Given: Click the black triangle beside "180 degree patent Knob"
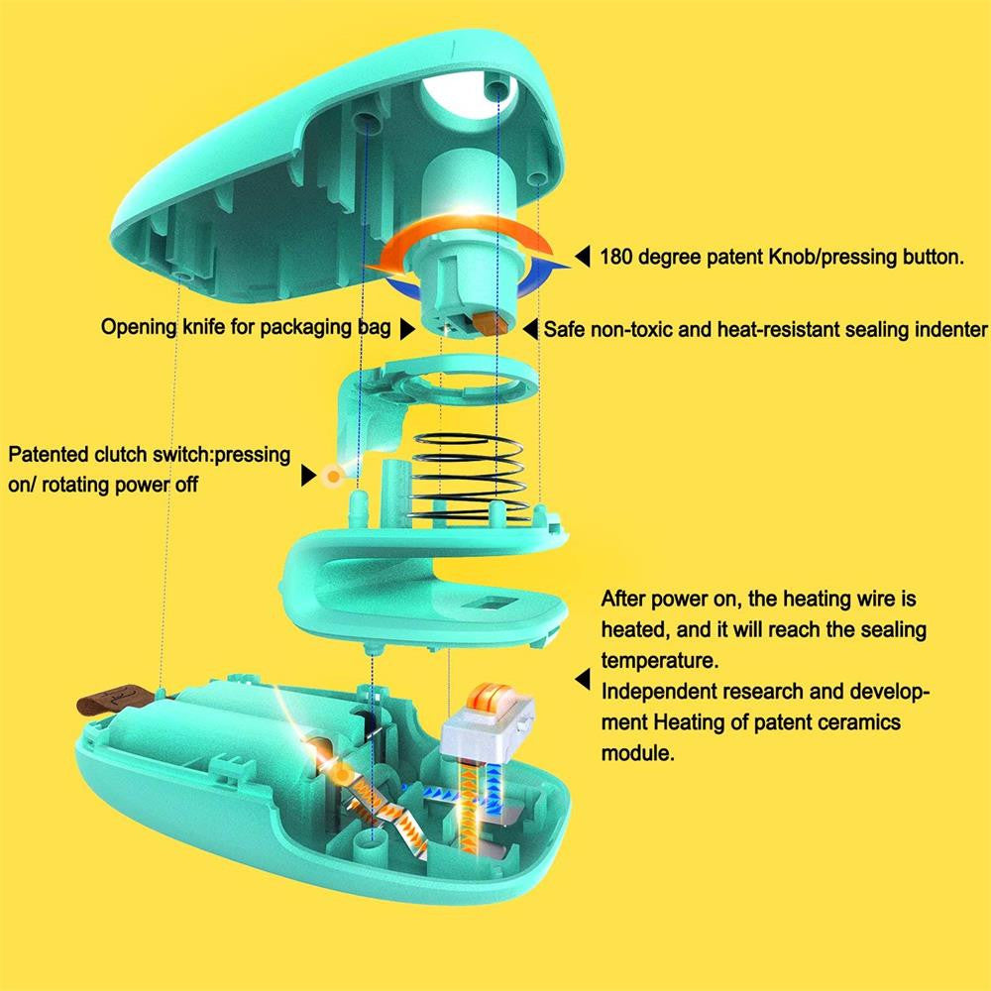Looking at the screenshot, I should click(x=582, y=258).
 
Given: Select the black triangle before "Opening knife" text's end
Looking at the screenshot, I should click(x=408, y=328).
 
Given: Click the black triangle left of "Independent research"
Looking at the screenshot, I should click(x=582, y=680).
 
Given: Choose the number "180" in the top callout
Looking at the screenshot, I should click(x=620, y=258).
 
